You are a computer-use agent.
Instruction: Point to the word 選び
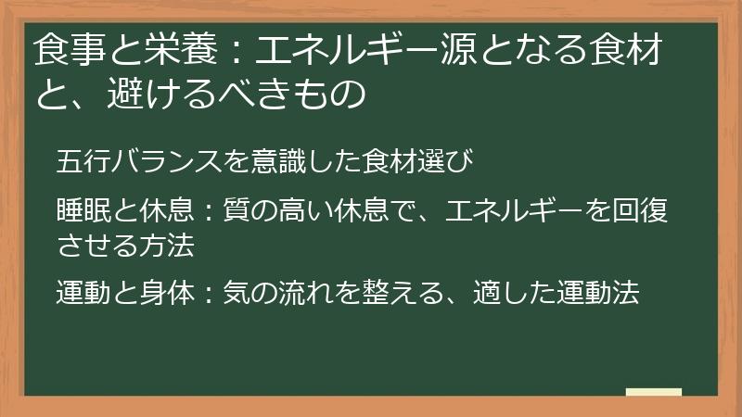pyautogui.click(x=453, y=161)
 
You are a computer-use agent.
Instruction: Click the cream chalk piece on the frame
pyautogui.click(x=653, y=392)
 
